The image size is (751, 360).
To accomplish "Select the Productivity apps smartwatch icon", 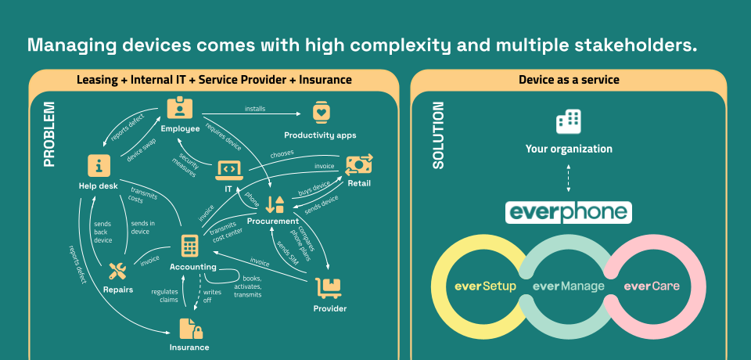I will coord(321,113).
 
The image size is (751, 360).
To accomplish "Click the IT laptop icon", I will coord(229,167).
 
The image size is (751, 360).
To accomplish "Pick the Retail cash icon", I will coord(359,164).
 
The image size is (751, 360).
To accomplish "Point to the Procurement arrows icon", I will coord(275,204).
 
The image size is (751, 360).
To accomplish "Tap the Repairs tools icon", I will coord(117,272).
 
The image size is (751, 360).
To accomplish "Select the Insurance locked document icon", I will coord(189,327).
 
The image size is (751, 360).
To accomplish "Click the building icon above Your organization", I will coord(569,121).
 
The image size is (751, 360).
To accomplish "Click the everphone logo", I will coord(569,212).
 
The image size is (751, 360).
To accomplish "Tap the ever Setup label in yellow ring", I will coord(485,286).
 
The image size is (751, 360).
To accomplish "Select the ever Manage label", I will coord(569,286).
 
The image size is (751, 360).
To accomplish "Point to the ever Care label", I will coord(652,286).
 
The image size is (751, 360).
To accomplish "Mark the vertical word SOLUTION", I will coord(438,135).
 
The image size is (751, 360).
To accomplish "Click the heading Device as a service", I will coord(569,80).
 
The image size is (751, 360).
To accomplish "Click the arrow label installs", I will coord(255,108).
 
